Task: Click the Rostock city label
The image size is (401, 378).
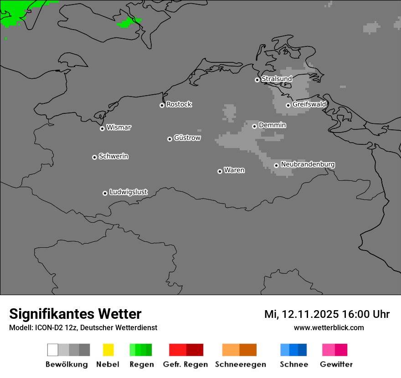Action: [x=179, y=104]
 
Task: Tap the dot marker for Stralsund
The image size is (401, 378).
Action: [x=257, y=80]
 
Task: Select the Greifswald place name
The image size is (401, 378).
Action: [x=309, y=104]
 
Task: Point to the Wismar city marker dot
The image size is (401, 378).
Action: [x=102, y=128]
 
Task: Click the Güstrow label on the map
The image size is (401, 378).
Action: [x=187, y=138]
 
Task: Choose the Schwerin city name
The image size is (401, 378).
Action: [x=113, y=156]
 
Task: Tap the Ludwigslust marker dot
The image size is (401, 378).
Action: [x=105, y=193]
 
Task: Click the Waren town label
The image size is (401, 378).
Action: [x=234, y=170]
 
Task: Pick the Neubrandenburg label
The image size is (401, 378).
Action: [x=308, y=164]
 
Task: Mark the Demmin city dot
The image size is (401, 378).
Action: [x=254, y=126]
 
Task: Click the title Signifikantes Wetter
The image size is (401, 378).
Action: [x=75, y=314]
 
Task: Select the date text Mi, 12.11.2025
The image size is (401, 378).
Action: [x=301, y=314]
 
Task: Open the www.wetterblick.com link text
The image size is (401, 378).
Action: [x=329, y=328]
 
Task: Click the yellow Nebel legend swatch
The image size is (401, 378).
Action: [x=108, y=350]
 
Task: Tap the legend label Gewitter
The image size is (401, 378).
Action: [x=336, y=364]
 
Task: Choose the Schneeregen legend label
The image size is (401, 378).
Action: [x=240, y=364]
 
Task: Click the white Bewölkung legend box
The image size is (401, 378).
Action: [x=52, y=350]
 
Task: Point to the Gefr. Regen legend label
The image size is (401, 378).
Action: [x=185, y=364]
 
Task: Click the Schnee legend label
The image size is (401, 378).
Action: [x=293, y=364]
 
